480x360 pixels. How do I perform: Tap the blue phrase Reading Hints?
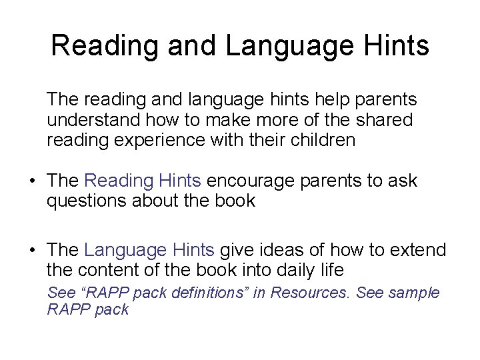click(x=143, y=181)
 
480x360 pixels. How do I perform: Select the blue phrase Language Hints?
click(x=149, y=250)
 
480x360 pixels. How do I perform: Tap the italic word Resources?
click(x=320, y=293)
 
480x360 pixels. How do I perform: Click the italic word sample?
click(x=415, y=293)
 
